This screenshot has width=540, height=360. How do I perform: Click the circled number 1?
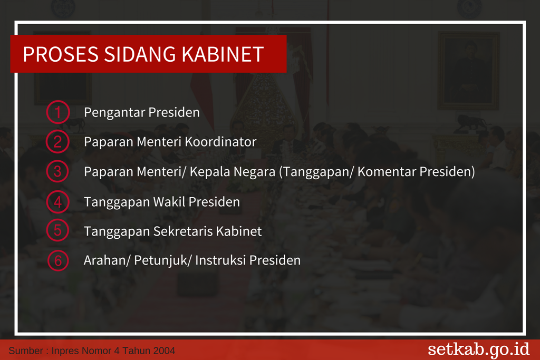(x=58, y=112)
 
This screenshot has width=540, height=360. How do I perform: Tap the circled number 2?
(x=57, y=141)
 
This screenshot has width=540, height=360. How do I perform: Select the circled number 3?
(x=57, y=171)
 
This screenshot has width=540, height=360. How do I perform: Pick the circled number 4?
(x=57, y=202)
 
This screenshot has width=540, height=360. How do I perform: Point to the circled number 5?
(x=57, y=230)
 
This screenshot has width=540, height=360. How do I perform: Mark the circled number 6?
(x=58, y=260)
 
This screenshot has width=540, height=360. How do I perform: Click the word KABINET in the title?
(x=223, y=54)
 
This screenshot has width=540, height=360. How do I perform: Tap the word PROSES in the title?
(x=61, y=54)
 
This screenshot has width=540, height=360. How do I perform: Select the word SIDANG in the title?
(x=140, y=54)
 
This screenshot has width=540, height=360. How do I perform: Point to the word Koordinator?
(x=221, y=142)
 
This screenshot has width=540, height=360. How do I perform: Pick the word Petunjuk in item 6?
(x=160, y=260)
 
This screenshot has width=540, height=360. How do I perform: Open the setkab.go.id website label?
(x=478, y=349)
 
